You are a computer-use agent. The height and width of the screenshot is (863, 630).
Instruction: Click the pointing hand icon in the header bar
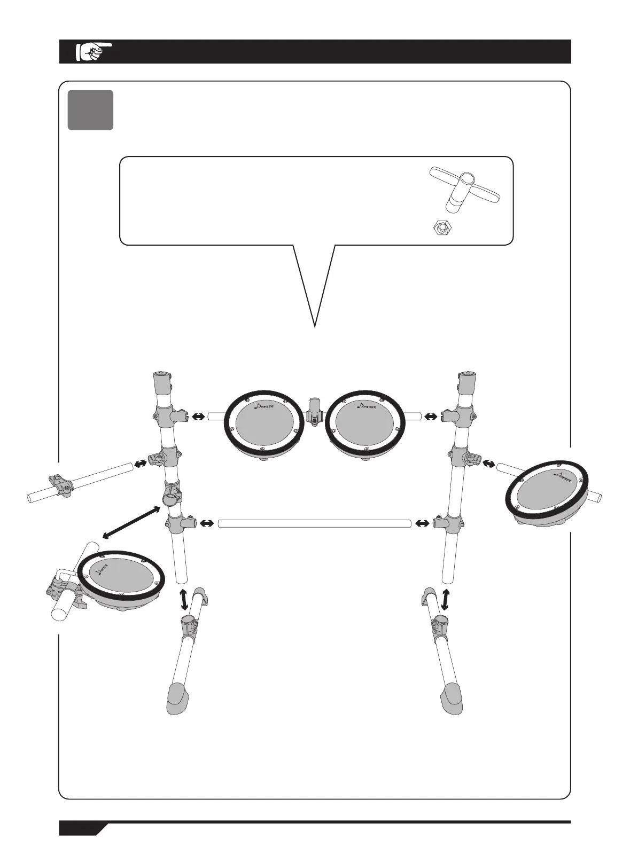click(x=94, y=51)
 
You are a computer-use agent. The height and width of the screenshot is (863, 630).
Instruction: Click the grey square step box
click(x=90, y=110)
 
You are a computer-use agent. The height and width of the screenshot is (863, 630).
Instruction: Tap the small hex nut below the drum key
click(x=441, y=228)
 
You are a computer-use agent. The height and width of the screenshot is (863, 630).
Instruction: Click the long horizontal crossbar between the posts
click(x=315, y=523)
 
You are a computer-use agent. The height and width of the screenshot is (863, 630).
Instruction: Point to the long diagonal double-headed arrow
click(x=131, y=522)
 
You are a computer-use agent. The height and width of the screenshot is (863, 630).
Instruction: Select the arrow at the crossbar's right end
click(x=423, y=523)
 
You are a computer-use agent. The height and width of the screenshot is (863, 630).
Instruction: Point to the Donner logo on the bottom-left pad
click(x=102, y=567)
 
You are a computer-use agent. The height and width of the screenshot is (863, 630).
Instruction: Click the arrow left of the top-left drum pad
click(x=198, y=415)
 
